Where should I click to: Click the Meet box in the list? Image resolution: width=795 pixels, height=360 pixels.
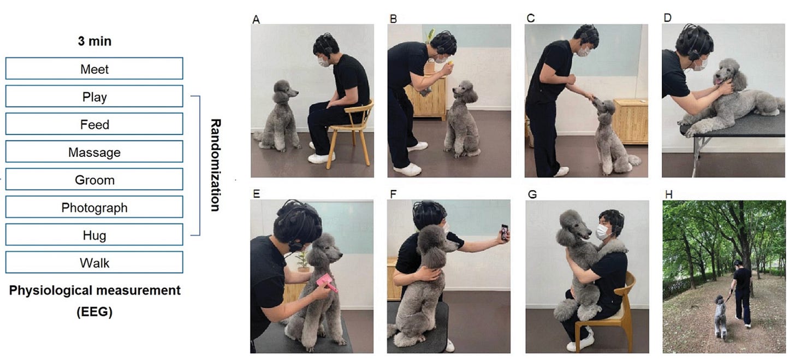coord(94,68)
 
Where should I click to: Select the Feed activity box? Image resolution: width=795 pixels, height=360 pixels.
coord(94,124)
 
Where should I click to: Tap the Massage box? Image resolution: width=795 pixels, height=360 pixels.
coord(94,152)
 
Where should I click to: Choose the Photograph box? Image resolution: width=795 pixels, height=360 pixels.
coord(94,207)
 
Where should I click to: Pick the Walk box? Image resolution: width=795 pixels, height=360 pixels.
coord(94,262)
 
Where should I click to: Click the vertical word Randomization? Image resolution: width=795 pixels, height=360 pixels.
coord(216,165)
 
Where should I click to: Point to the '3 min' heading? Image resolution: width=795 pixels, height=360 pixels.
coord(94,41)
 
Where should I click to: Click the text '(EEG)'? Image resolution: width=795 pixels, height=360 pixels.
coord(94,312)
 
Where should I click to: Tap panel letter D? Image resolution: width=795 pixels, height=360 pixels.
coord(667,17)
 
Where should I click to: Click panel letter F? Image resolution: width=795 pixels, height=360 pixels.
coord(393,194)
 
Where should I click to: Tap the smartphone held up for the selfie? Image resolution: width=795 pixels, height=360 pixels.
coord(505,232)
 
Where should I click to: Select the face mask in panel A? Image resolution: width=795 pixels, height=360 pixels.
coord(324,62)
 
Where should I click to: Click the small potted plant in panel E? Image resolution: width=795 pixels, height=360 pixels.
coord(302,261)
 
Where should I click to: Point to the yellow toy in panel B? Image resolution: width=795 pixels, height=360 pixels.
coord(450,63)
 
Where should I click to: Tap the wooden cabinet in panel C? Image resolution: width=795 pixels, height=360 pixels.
coord(630,121)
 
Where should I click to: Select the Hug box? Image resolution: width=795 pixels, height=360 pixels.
coord(94,235)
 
